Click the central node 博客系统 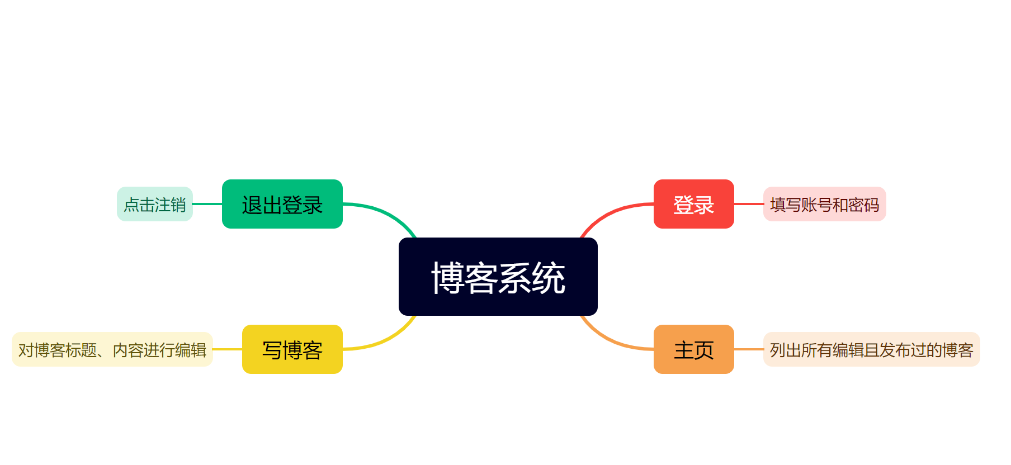click(498, 277)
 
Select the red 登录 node click(693, 204)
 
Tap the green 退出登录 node click(282, 204)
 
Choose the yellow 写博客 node click(292, 349)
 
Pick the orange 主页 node click(693, 349)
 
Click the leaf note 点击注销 click(155, 204)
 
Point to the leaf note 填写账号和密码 click(824, 204)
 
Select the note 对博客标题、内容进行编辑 click(112, 349)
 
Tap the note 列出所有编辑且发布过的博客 click(871, 349)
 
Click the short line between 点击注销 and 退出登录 click(207, 204)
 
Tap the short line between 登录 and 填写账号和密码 click(749, 204)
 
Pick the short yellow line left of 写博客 click(228, 349)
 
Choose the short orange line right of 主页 click(749, 349)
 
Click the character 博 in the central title click(447, 278)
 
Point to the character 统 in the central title click(549, 278)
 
